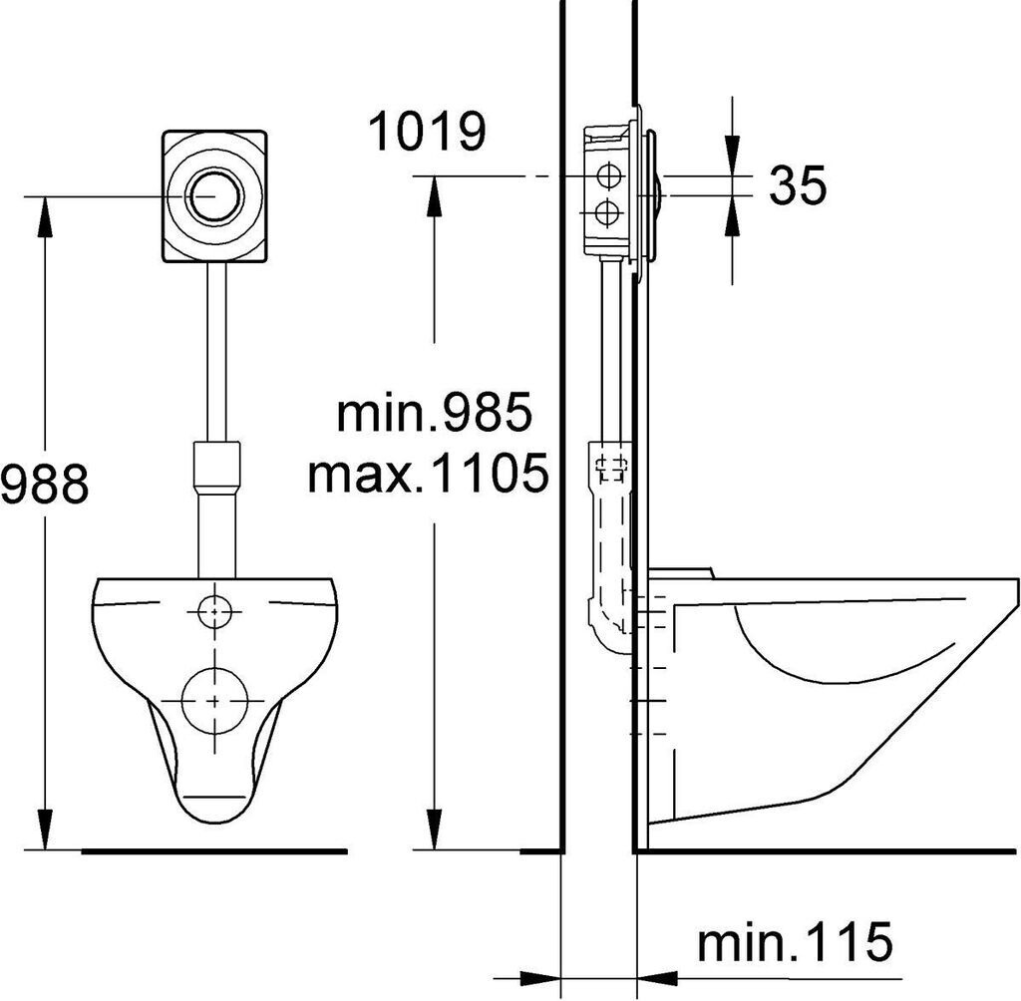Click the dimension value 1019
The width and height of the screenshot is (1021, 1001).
click(x=427, y=133)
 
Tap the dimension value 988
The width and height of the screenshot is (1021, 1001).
click(x=44, y=484)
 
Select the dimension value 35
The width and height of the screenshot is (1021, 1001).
click(x=798, y=185)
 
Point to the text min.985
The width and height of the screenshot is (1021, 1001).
click(x=434, y=412)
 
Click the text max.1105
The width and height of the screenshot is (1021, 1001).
click(x=428, y=473)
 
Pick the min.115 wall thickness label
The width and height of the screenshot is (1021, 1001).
click(x=795, y=940)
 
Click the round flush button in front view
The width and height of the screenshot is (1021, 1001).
click(x=215, y=195)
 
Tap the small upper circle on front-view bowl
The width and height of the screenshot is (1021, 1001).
click(x=215, y=611)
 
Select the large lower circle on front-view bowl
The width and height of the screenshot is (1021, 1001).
click(x=215, y=700)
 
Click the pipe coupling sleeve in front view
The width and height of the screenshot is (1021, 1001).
click(x=215, y=468)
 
